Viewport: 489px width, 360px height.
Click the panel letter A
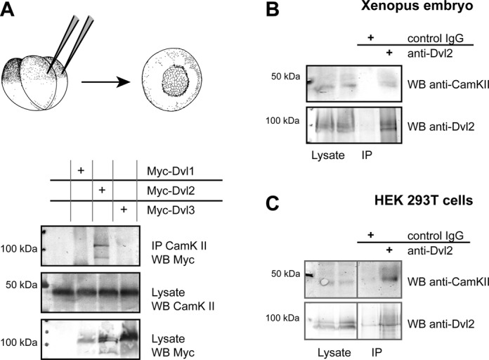click(9, 11)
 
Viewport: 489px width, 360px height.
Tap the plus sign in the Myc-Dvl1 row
click(81, 170)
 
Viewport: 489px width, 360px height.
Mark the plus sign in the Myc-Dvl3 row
click(124, 210)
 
